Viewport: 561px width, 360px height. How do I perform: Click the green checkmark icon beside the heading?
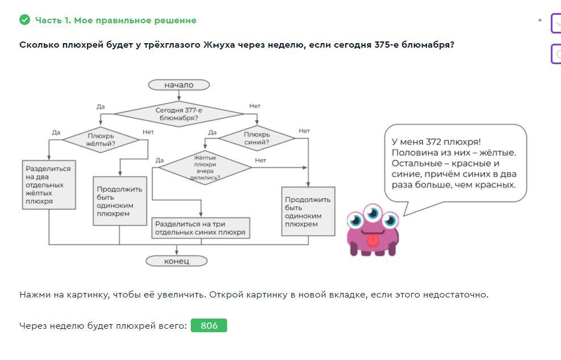click(x=24, y=20)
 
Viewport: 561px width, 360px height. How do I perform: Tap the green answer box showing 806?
click(x=208, y=325)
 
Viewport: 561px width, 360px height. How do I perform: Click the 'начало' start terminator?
click(x=179, y=85)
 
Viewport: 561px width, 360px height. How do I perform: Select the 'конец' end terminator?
click(x=177, y=261)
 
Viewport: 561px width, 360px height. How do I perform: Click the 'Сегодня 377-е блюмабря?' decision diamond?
click(x=179, y=114)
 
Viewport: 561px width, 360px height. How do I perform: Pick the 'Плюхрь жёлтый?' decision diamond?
click(x=101, y=139)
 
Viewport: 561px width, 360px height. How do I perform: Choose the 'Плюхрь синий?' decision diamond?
click(x=256, y=138)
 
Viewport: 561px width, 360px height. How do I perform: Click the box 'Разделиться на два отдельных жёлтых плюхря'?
click(x=49, y=185)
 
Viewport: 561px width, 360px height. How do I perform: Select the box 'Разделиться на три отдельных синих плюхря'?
click(x=200, y=228)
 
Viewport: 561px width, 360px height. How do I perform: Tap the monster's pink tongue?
click(x=372, y=241)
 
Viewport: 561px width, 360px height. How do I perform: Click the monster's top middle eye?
click(x=373, y=213)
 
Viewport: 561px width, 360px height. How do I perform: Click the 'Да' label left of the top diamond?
click(x=101, y=106)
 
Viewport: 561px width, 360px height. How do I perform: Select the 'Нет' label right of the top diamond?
click(x=255, y=106)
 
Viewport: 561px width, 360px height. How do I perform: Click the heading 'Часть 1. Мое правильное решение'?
click(x=116, y=20)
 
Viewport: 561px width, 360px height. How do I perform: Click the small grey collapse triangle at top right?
click(x=540, y=20)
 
